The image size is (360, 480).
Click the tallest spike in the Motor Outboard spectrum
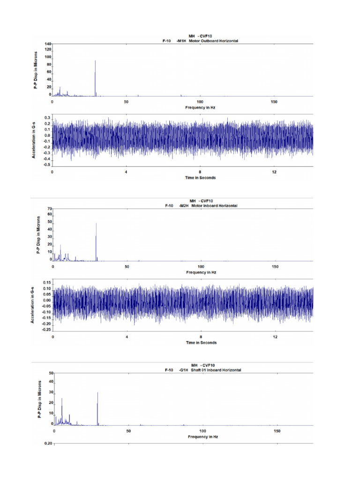pyautogui.click(x=95, y=61)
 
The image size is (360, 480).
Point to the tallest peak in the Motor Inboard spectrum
pyautogui.click(x=96, y=224)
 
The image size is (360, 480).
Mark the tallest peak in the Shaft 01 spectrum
pyautogui.click(x=97, y=393)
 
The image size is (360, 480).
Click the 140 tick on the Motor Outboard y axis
pyautogui.click(x=48, y=44)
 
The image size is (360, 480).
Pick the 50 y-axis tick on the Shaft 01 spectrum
pyautogui.click(x=51, y=373)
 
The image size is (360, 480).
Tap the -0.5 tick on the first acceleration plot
pyautogui.click(x=47, y=165)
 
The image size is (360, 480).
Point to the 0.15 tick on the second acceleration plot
pyautogui.click(x=47, y=283)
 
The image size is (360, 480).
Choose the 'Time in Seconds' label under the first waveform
pyautogui.click(x=200, y=178)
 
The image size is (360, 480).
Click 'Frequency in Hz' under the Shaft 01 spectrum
pyautogui.click(x=202, y=436)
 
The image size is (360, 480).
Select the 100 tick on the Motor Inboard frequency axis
pyautogui.click(x=201, y=267)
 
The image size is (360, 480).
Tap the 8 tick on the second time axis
pyautogui.click(x=201, y=337)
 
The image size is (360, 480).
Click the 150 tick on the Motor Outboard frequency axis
pyautogui.click(x=274, y=102)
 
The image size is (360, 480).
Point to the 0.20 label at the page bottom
pyautogui.click(x=48, y=443)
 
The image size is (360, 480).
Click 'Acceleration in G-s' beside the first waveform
pyautogui.click(x=34, y=139)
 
